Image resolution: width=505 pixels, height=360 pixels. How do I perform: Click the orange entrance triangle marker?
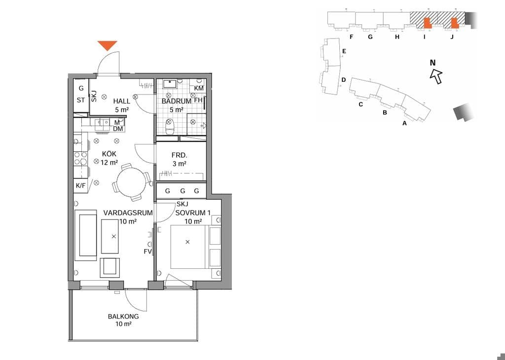coord(108,45)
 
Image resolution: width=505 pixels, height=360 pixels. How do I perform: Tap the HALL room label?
coord(122,101)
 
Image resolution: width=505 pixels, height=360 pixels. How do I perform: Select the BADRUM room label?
coord(176,101)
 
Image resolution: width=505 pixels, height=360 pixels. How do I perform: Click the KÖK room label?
coord(109,154)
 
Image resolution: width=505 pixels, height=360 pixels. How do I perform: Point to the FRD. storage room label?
coord(180,155)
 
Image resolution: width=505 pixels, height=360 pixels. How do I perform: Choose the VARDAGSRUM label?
coord(128,213)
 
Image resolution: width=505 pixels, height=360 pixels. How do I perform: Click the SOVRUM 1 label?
coord(193,213)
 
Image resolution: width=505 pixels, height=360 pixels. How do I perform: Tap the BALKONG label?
coord(123,317)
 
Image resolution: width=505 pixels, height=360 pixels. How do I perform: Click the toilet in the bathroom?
coord(170,127)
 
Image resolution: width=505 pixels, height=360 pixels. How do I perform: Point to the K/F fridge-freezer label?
coord(81,186)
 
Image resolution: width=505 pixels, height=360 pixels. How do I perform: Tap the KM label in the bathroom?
coord(199,88)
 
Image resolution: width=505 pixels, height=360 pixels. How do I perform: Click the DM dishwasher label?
coord(118,129)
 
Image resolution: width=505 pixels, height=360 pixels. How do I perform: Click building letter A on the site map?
coord(405,123)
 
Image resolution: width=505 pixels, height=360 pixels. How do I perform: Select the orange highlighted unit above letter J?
coord(454,23)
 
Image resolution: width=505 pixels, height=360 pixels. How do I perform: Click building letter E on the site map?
coord(344,51)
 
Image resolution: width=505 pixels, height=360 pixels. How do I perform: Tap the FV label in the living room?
coord(148,252)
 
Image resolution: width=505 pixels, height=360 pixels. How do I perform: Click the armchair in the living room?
coord(110,267)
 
